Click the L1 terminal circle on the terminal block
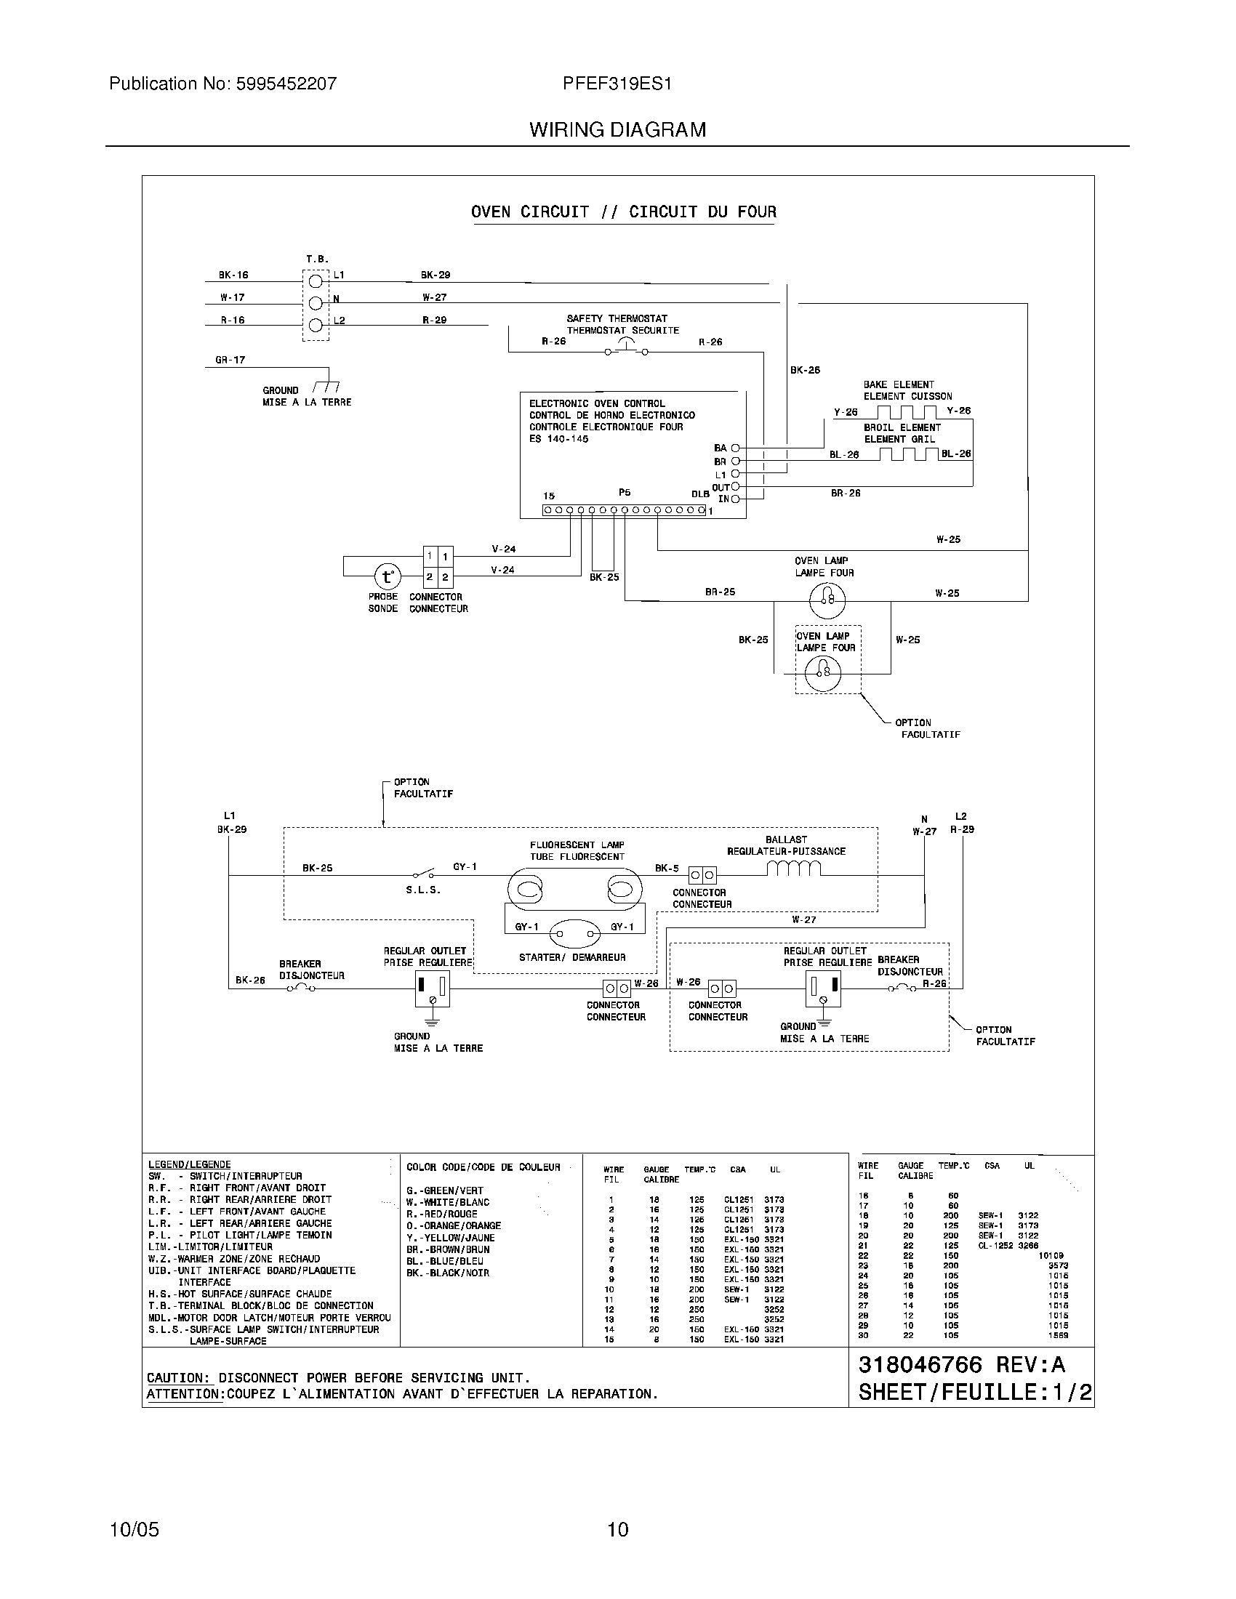pos(316,281)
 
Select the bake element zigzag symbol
pos(907,411)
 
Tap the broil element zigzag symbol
pos(908,454)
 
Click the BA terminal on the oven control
pos(735,447)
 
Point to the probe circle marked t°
pos(388,577)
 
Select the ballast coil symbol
pos(794,869)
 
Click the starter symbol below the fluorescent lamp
pos(575,934)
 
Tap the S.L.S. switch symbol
pos(423,873)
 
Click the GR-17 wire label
pos(230,360)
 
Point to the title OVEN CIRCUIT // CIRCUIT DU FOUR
pos(623,212)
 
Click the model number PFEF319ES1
pos(617,84)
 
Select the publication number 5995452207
pos(286,84)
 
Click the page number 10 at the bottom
pos(617,1529)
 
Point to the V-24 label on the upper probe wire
pos(503,548)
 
